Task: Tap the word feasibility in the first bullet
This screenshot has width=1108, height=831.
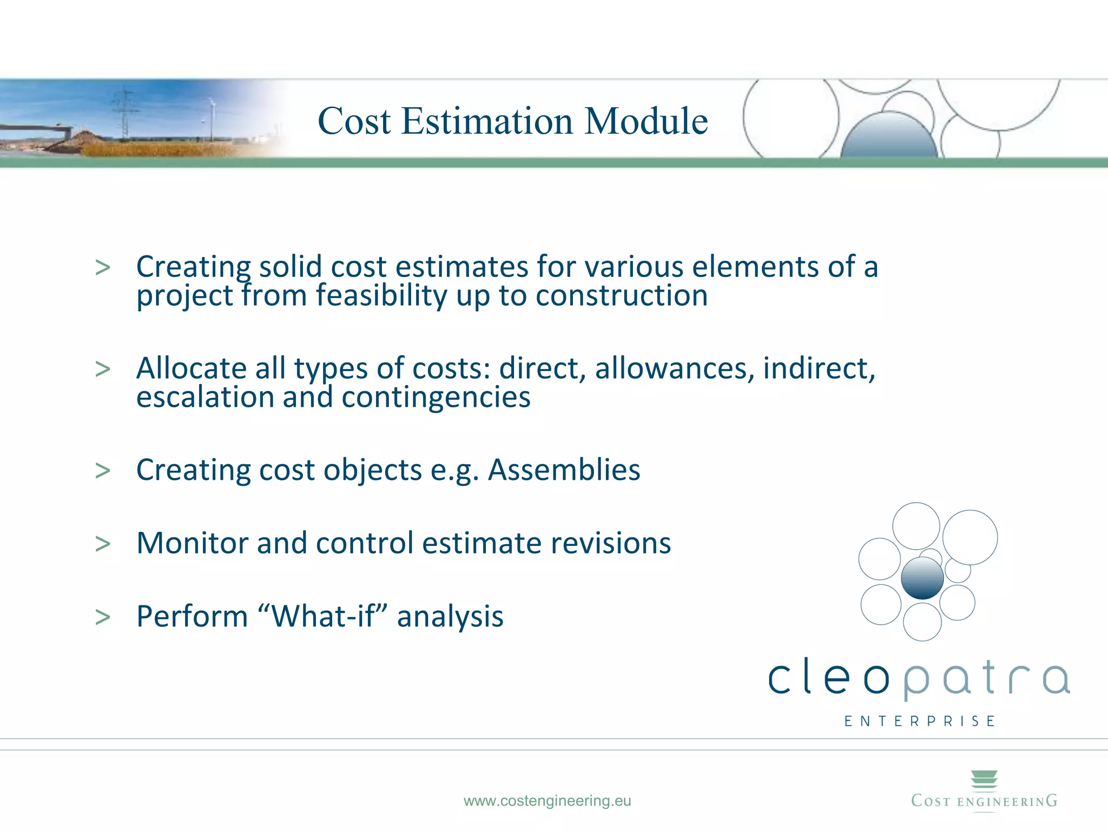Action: [381, 295]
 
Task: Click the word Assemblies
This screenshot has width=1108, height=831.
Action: [564, 470]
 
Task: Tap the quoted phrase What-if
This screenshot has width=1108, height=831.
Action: [323, 616]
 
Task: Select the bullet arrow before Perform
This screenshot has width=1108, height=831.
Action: [102, 617]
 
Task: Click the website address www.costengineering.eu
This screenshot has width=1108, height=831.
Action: [547, 801]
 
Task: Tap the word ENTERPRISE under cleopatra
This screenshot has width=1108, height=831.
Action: [920, 721]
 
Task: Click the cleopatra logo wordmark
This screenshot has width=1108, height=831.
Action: [919, 677]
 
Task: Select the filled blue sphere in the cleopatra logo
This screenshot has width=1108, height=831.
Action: [922, 578]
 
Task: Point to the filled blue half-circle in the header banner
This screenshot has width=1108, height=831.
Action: [888, 138]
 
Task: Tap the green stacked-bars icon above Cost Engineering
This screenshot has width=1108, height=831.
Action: [984, 780]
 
